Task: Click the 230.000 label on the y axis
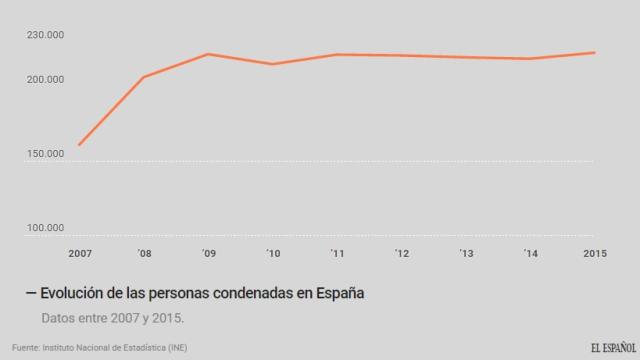[45, 35]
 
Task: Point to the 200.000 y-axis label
[45, 80]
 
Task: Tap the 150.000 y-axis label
[45, 154]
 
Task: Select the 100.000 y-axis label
[45, 228]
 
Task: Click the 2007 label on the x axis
[79, 254]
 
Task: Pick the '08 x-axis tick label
[144, 254]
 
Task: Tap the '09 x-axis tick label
[208, 254]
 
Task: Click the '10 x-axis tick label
[272, 254]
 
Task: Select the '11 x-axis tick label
[337, 254]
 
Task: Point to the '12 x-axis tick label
[401, 254]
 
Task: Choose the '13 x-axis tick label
[466, 254]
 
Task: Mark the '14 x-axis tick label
[530, 254]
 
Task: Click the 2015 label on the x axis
[595, 254]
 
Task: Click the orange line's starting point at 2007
[79, 145]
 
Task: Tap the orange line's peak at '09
[208, 54]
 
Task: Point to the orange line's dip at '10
[272, 64]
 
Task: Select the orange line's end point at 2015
[595, 52]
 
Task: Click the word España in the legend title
[338, 293]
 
